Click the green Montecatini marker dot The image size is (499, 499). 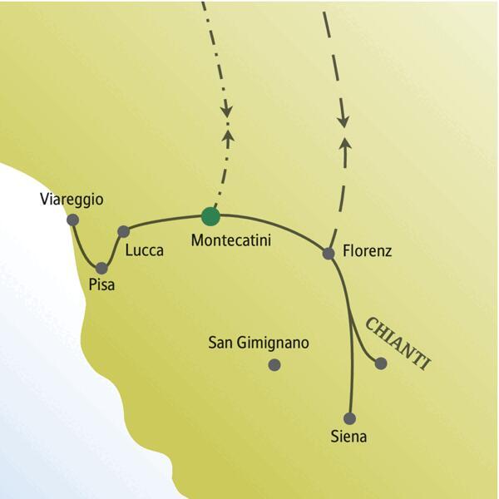(210, 216)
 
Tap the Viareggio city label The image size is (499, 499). (72, 200)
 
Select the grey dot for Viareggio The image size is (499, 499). (72, 220)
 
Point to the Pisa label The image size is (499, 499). (101, 285)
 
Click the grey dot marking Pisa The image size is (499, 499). (101, 268)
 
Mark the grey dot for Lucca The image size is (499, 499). (123, 231)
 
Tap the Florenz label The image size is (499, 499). (367, 250)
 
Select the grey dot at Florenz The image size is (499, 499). (329, 253)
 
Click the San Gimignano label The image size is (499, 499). (259, 343)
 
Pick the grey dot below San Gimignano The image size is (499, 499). (274, 364)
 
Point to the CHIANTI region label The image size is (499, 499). (398, 340)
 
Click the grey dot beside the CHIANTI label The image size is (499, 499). (381, 363)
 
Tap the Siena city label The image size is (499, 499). (348, 436)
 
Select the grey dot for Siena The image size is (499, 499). (349, 418)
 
